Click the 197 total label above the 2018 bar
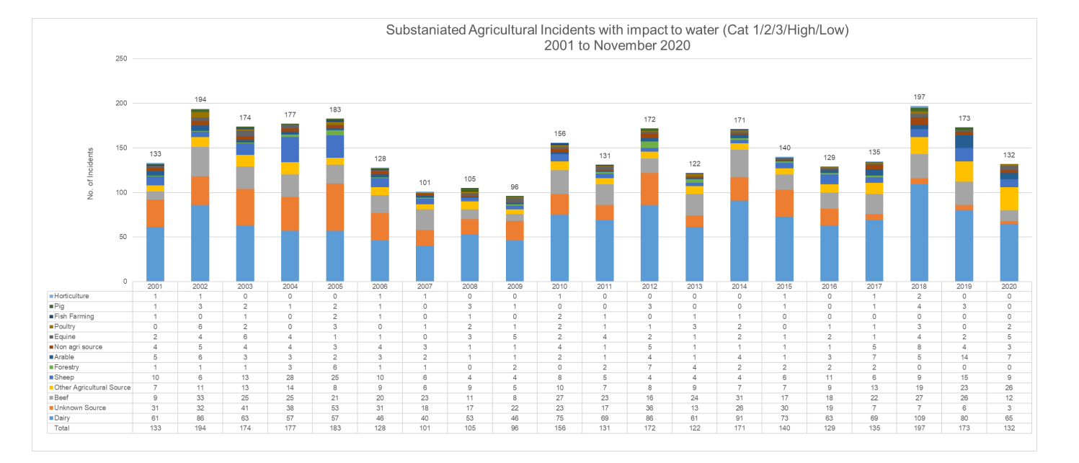[919, 97]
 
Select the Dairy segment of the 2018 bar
[919, 233]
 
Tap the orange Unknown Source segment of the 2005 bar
[334, 207]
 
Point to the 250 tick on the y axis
[121, 59]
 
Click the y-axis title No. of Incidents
[90, 174]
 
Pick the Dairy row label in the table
[62, 418]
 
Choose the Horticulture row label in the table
[71, 296]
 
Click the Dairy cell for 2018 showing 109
[919, 418]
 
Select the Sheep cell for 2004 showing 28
[290, 377]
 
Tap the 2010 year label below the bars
[559, 287]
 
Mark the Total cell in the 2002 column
[200, 428]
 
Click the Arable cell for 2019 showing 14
[964, 357]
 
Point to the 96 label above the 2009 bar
[515, 186]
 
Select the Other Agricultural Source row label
[92, 387]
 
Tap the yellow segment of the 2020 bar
[1009, 199]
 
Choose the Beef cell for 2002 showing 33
[200, 397]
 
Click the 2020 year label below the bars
[1009, 287]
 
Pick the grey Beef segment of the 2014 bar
[740, 163]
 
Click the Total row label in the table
[62, 428]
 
